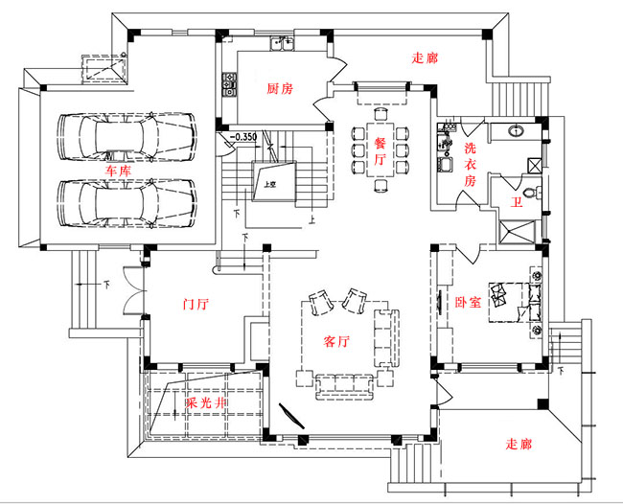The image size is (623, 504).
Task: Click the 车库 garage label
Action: (x=120, y=169)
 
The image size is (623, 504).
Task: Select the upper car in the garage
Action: (x=126, y=137)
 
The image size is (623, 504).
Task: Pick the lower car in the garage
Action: (x=126, y=201)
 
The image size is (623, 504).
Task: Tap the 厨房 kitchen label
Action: (x=279, y=88)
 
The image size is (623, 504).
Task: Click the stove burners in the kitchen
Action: (x=230, y=86)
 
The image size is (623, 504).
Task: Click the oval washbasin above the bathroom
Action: (x=516, y=130)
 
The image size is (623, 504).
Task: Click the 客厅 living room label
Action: (x=336, y=340)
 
